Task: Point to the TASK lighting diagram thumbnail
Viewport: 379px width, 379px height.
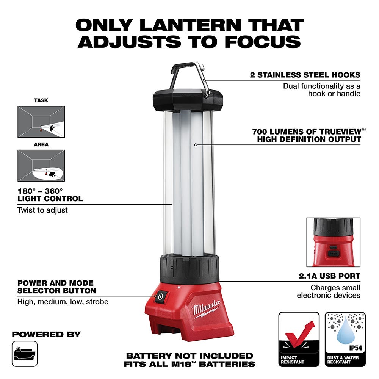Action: point(41,121)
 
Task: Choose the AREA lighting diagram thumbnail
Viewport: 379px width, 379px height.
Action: point(41,165)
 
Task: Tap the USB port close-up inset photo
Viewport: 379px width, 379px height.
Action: point(333,242)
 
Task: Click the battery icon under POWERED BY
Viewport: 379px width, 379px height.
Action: point(25,354)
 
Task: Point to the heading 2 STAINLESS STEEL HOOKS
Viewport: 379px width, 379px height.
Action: point(305,75)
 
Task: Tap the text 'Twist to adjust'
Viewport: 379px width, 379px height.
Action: point(42,210)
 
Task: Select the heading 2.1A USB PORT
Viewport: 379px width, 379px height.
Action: point(329,276)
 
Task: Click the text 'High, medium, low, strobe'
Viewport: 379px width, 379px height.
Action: point(63,302)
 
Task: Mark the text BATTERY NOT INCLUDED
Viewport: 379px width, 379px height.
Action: point(189,356)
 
